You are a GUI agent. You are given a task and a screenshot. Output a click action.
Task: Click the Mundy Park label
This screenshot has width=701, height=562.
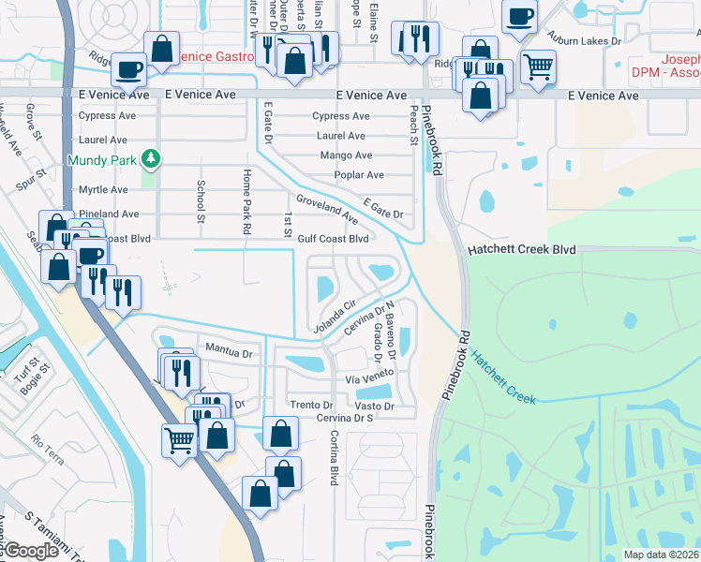[x=101, y=160]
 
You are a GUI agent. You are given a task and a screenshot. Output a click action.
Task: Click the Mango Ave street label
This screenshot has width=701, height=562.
[x=346, y=155]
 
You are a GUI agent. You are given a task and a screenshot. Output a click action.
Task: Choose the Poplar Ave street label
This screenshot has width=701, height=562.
[x=359, y=175]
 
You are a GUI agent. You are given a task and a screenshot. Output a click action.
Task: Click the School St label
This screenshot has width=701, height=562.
[x=200, y=201]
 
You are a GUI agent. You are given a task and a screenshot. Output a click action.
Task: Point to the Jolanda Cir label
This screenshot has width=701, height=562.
[x=337, y=316]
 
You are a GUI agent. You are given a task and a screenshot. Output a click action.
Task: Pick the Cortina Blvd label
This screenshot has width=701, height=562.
[x=334, y=457]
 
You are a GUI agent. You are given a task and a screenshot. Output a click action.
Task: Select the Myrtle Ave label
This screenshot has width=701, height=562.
[x=103, y=189]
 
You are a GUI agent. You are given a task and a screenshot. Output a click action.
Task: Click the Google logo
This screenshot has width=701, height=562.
[x=31, y=551]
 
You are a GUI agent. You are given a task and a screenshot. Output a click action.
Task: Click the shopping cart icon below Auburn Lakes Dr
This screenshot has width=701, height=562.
[x=538, y=67]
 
